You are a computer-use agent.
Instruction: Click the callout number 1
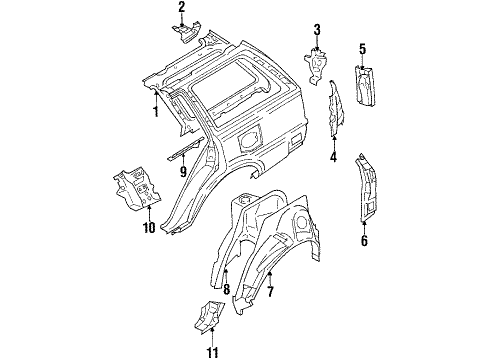tap(155, 112)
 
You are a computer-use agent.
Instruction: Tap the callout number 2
tap(182, 8)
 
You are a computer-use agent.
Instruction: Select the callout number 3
tap(316, 29)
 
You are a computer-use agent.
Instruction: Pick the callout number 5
tap(363, 48)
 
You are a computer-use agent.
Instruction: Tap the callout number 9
tap(182, 171)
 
